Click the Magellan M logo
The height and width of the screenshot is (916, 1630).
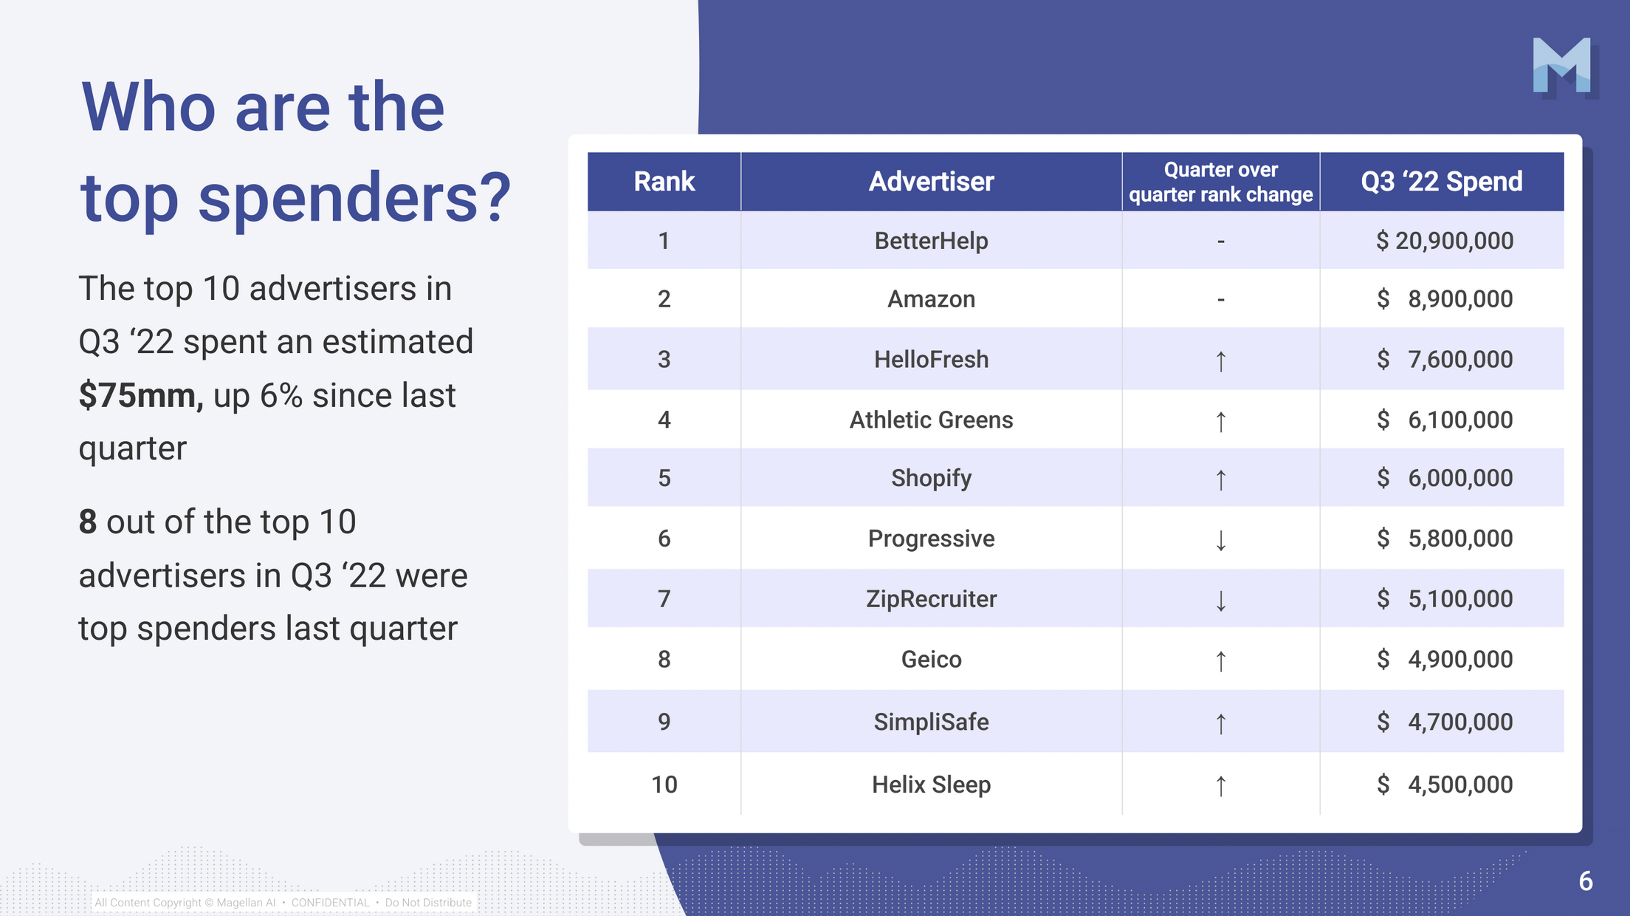(1564, 66)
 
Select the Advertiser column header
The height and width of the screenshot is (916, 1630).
(931, 182)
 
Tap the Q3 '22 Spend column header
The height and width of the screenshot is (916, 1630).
(1442, 182)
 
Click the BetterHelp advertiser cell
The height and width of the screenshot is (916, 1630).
(931, 241)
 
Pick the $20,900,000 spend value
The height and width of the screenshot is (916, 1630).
(1445, 241)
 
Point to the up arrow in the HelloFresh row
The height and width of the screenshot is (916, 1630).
(1221, 361)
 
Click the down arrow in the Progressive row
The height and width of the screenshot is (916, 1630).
(1221, 540)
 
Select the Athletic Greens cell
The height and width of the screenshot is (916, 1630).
(931, 420)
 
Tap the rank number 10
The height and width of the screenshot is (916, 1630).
(664, 785)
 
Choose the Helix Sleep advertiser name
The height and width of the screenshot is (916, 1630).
(931, 785)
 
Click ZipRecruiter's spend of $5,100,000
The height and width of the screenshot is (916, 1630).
(1445, 599)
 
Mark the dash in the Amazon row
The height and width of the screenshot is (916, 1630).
(1221, 300)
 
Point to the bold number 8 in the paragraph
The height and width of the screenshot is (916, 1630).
(88, 522)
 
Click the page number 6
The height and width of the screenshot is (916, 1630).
(1586, 881)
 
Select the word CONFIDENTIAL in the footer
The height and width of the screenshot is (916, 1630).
(330, 903)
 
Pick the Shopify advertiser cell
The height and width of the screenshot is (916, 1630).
(931, 479)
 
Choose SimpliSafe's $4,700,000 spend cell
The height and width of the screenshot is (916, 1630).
(1445, 722)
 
